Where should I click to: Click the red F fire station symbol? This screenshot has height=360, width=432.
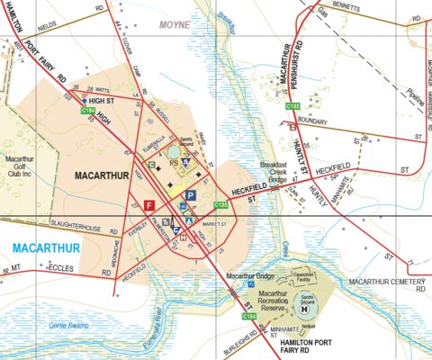click(149, 205)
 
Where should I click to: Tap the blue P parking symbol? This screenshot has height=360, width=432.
click(190, 195)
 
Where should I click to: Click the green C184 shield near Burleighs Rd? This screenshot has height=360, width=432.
click(249, 317)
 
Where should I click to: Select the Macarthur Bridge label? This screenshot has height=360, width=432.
click(251, 275)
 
